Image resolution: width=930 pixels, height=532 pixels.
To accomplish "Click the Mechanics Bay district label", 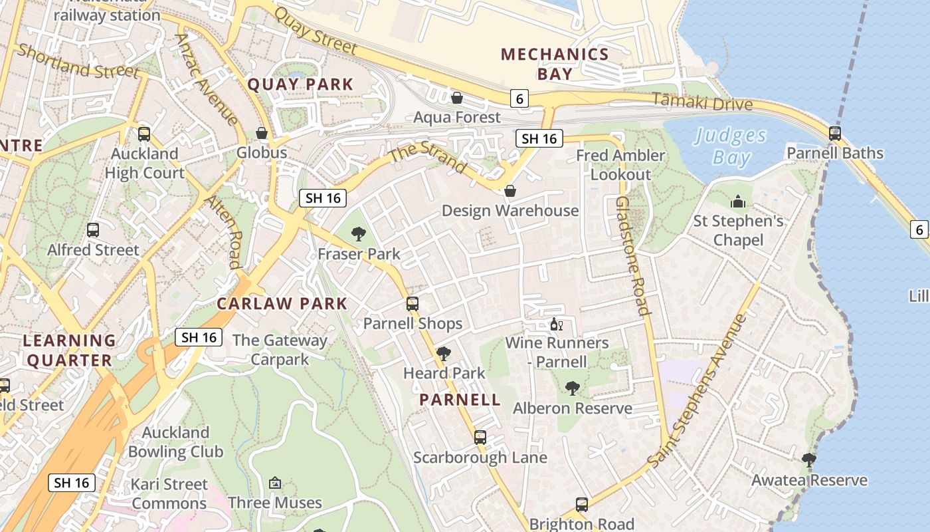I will pyautogui.click(x=555, y=63).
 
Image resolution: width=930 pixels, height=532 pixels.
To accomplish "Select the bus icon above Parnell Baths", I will pyautogui.click(x=835, y=134).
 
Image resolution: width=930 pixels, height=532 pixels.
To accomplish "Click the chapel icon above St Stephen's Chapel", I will pyautogui.click(x=738, y=201).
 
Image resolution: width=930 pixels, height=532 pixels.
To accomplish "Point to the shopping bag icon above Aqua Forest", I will pyautogui.click(x=457, y=98).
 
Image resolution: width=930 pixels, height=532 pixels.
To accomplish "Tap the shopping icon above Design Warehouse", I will pyautogui.click(x=510, y=191).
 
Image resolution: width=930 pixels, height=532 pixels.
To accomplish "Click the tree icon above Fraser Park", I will pyautogui.click(x=359, y=233).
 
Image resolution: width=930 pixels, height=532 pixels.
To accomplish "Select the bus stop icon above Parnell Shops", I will pyautogui.click(x=413, y=304).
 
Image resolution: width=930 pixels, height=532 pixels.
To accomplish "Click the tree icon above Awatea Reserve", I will pyautogui.click(x=809, y=460).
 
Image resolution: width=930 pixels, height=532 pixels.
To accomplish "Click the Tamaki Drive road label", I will pyautogui.click(x=702, y=102).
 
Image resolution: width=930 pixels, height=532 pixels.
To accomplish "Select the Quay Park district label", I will pyautogui.click(x=300, y=84).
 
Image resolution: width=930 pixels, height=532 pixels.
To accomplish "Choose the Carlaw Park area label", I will pyautogui.click(x=282, y=304).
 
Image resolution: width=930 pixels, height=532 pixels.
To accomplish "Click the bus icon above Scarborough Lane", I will pyautogui.click(x=480, y=438).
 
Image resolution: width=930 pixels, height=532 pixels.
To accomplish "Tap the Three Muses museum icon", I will pyautogui.click(x=275, y=483).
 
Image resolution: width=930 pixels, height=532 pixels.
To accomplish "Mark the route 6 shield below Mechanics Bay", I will pyautogui.click(x=519, y=98).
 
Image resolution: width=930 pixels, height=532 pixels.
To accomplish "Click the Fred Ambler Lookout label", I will pyautogui.click(x=620, y=165).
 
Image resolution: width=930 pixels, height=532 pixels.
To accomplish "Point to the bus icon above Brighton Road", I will pyautogui.click(x=582, y=504).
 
